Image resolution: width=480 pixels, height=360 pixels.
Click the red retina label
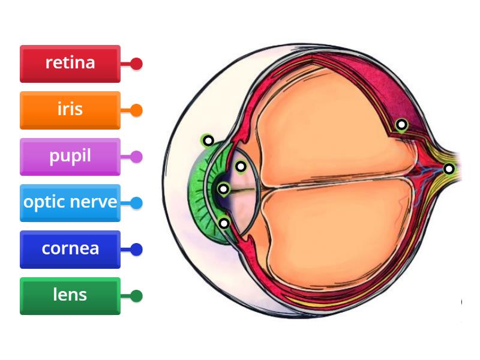70,63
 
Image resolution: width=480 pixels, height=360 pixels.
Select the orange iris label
70,110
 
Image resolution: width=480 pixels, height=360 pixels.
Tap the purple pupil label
70,156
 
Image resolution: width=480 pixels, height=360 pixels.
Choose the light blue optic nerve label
70,203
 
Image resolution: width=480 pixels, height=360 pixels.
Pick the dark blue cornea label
70,249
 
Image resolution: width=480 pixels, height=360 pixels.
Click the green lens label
70,295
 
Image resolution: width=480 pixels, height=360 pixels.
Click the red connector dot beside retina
137,63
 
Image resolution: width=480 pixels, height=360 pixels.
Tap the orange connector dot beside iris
137,110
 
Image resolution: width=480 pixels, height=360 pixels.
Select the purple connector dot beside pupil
137,157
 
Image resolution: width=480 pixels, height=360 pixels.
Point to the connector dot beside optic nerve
137,203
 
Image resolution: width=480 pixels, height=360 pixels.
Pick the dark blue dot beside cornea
137,249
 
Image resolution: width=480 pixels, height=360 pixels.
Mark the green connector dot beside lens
137,296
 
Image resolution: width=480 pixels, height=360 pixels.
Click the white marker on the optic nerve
449,169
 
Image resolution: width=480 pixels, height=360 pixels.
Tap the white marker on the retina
402,125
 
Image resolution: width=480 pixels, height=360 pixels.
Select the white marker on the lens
241,166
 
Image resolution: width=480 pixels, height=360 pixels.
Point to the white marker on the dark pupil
223,190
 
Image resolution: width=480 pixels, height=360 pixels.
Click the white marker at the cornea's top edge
208,140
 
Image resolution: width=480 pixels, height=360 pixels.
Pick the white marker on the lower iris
224,223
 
